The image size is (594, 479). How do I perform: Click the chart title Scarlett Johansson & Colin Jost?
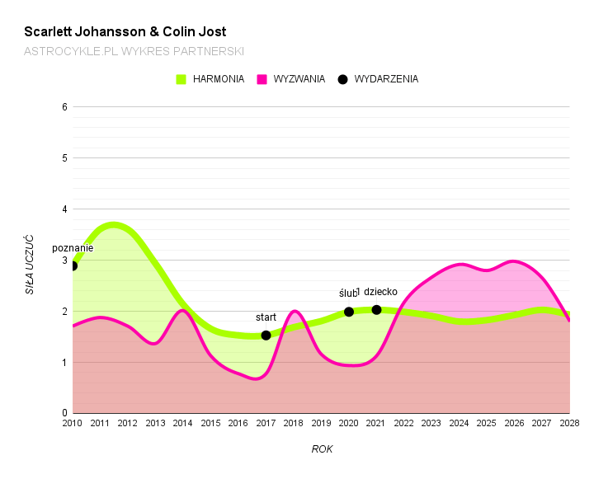click(125, 32)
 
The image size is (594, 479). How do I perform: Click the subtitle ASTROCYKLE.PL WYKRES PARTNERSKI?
click(134, 51)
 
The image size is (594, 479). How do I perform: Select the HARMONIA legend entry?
click(210, 79)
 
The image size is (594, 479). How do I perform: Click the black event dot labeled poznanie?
click(73, 265)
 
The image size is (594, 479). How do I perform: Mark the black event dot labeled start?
click(266, 335)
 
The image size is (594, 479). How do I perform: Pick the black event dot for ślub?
click(349, 312)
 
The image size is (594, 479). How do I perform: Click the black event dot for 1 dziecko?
click(377, 310)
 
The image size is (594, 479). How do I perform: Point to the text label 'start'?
click(266, 317)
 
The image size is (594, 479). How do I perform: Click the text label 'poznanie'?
click(73, 248)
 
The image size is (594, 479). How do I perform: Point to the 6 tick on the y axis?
click(64, 107)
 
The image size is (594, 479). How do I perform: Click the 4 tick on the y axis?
click(64, 209)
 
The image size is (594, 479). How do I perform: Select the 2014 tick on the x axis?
click(183, 424)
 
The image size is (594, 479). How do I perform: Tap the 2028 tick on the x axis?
click(569, 424)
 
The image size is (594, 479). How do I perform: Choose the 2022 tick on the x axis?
click(404, 424)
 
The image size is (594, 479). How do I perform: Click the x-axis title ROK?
click(322, 449)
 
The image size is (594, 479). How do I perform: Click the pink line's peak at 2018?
click(295, 312)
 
